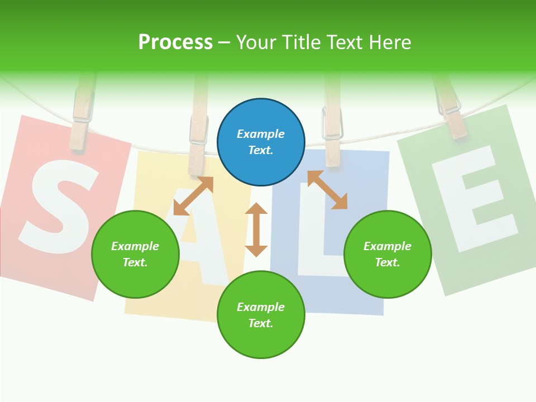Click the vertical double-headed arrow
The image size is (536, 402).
[256, 229]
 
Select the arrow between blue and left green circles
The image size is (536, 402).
[193, 196]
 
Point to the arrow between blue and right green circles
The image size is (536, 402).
[328, 190]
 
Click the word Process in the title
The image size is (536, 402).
[175, 42]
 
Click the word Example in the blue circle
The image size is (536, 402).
[261, 134]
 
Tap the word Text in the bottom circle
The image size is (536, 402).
[259, 323]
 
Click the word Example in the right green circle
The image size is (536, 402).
[387, 246]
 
